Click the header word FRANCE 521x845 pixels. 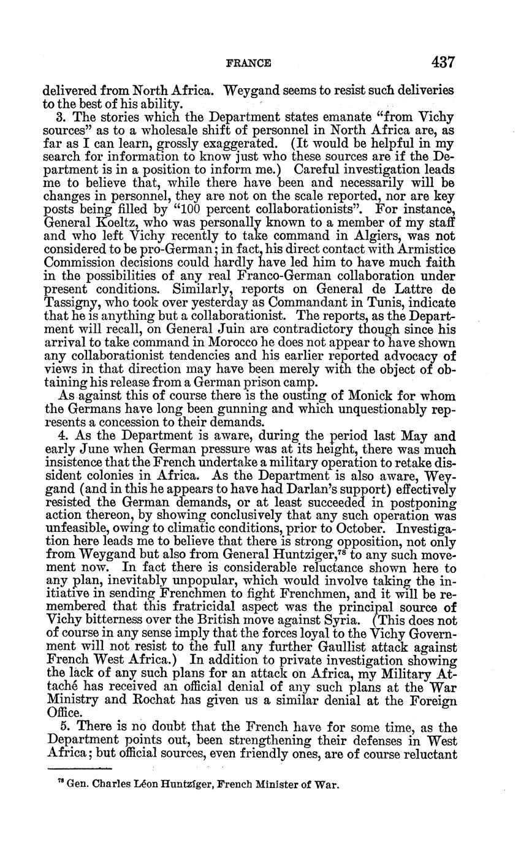pyautogui.click(x=248, y=63)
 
